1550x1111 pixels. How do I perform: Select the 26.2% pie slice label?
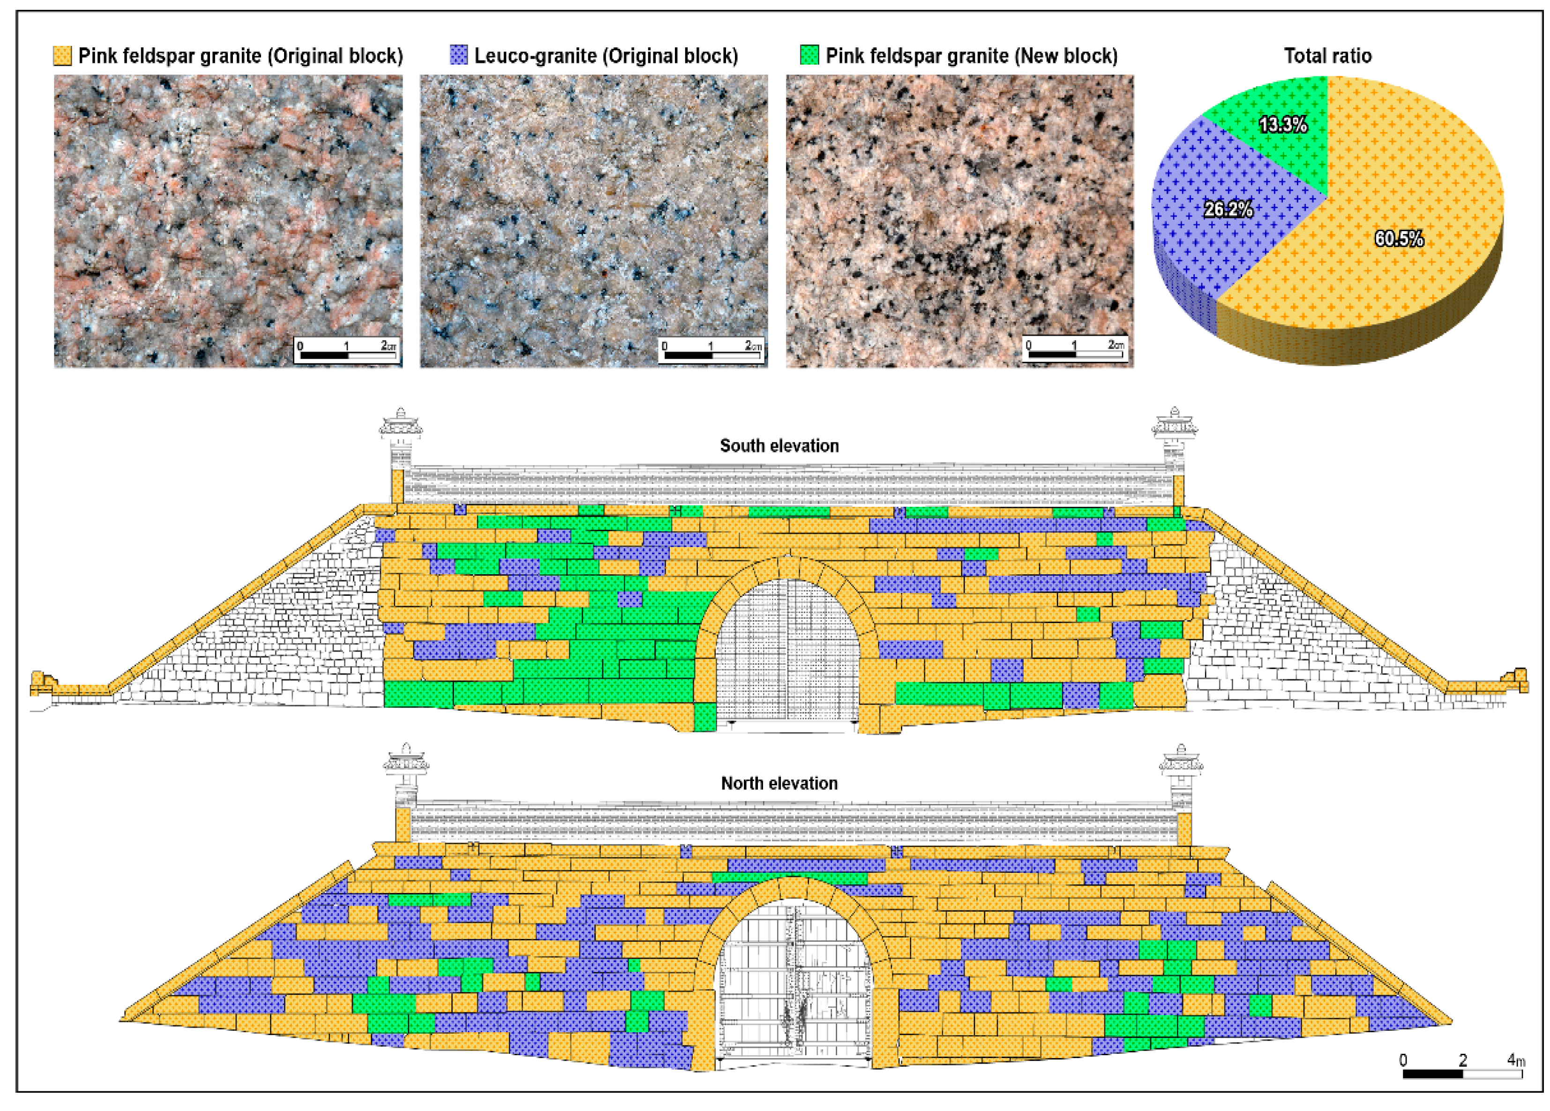(1228, 209)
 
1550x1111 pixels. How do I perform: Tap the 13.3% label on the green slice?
(1283, 124)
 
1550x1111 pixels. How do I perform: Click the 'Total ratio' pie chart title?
(1327, 55)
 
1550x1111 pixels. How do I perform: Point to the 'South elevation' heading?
(779, 446)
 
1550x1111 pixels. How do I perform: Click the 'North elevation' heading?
(779, 783)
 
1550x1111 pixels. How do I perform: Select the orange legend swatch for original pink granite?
(62, 55)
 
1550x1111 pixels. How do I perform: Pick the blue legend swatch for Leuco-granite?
(458, 55)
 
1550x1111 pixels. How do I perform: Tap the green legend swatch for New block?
(809, 55)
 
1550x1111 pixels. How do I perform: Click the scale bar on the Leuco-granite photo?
(711, 350)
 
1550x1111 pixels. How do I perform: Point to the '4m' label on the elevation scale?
(1516, 1060)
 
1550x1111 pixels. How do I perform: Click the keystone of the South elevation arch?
(789, 567)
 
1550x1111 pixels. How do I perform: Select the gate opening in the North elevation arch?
(793, 984)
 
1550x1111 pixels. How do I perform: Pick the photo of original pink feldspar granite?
(228, 221)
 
